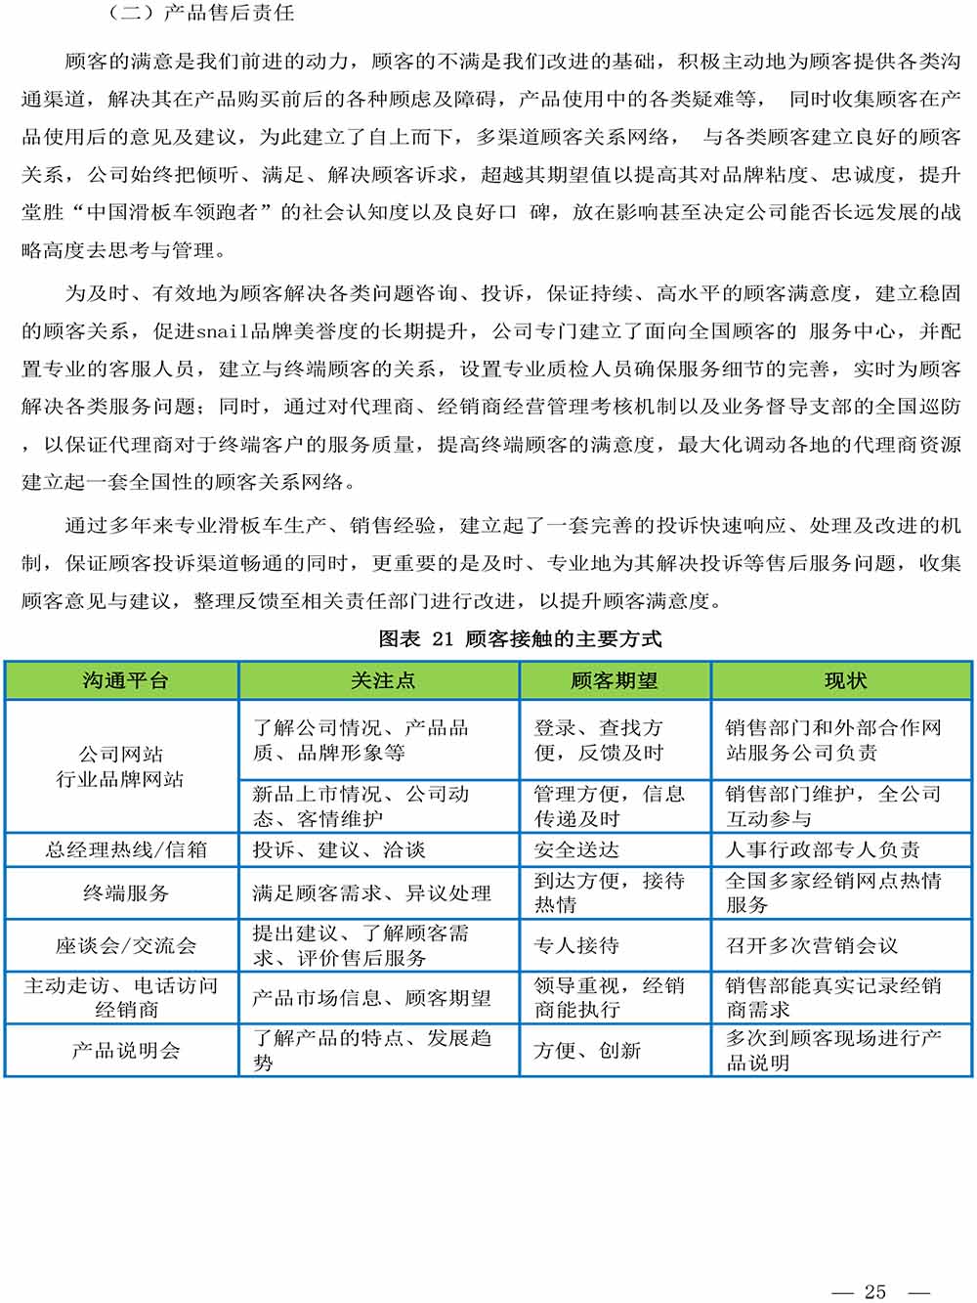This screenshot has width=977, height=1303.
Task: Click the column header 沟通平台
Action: pyautogui.click(x=125, y=681)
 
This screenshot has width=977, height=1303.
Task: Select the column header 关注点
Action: pyautogui.click(x=382, y=681)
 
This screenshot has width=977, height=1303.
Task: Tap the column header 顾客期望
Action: pyautogui.click(x=615, y=681)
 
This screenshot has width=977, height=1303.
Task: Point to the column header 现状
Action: pyautogui.click(x=845, y=681)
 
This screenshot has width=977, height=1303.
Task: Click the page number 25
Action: pyautogui.click(x=874, y=1291)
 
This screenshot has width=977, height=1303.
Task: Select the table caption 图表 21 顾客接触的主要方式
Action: pyautogui.click(x=520, y=639)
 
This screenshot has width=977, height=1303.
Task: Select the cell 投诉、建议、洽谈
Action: pyautogui.click(x=339, y=849)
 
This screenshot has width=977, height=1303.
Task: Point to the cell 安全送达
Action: pyautogui.click(x=576, y=849)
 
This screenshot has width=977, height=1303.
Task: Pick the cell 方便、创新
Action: pyautogui.click(x=587, y=1051)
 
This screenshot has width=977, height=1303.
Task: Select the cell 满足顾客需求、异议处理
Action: pyautogui.click(x=371, y=892)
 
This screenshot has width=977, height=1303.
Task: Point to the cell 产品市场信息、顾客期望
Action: pyautogui.click(x=371, y=998)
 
